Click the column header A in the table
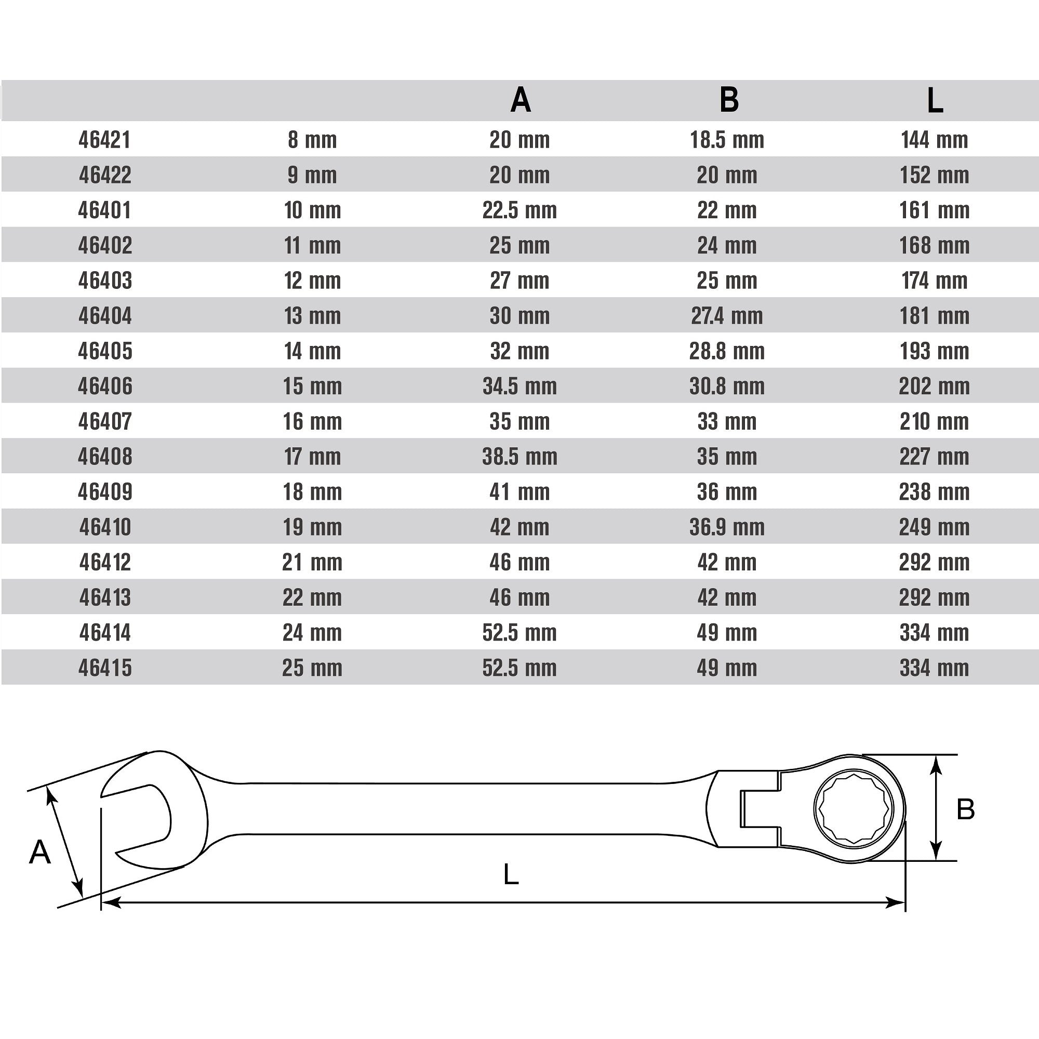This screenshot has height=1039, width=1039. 520,100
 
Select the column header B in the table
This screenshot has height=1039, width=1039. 729,100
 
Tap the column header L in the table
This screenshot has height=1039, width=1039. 935,100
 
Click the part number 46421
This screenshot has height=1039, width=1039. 105,140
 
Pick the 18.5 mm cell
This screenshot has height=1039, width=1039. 727,140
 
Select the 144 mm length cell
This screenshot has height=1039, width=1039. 935,140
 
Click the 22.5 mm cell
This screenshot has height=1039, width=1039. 519,210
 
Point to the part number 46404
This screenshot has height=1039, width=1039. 105,316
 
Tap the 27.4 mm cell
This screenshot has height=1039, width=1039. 727,316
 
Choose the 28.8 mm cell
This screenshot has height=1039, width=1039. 727,351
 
